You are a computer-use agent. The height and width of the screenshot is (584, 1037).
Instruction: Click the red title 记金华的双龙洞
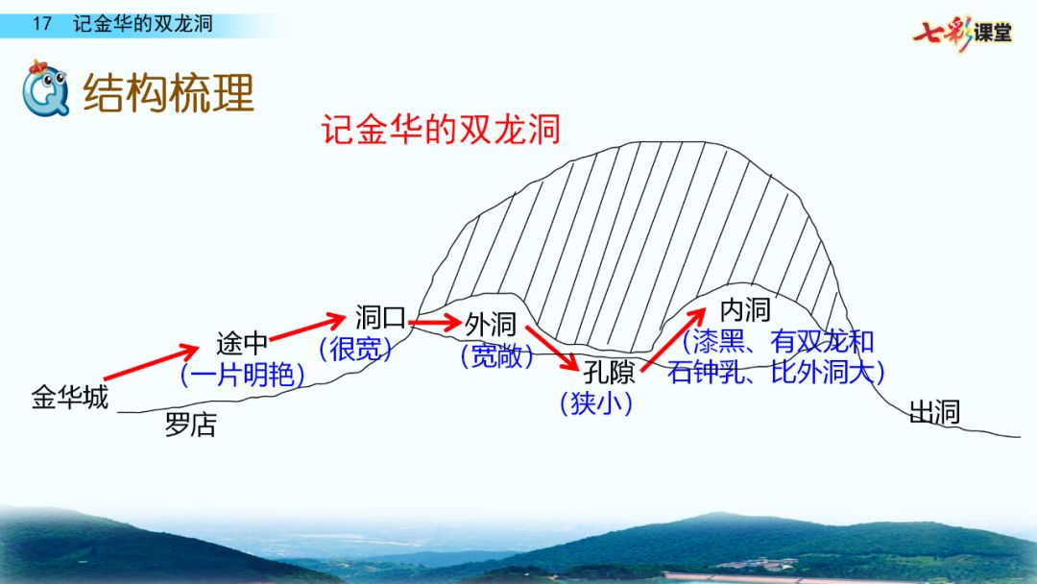click(441, 129)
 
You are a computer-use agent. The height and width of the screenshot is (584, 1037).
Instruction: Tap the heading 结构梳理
click(169, 92)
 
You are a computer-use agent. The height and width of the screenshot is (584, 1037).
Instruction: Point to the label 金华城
click(69, 397)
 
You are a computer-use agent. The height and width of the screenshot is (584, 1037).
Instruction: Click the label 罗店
click(190, 425)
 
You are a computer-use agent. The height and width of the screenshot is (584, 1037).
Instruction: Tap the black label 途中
click(242, 343)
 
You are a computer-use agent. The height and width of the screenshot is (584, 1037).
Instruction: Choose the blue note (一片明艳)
click(243, 375)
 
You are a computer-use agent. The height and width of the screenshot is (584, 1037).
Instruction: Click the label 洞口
click(380, 318)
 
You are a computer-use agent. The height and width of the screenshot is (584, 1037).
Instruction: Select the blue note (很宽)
click(356, 349)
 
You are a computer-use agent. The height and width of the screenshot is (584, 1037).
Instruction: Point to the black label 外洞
click(490, 324)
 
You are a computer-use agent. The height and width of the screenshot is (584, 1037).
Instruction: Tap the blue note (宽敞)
click(497, 355)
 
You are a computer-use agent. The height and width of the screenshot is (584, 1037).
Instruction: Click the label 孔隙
click(609, 373)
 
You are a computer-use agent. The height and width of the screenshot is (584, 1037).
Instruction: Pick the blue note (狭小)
click(596, 402)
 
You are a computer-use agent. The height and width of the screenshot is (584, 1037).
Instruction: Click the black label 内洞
click(745, 309)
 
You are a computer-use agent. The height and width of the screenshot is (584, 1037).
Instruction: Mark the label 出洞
click(934, 412)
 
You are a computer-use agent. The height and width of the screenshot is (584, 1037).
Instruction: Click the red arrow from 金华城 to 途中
click(151, 362)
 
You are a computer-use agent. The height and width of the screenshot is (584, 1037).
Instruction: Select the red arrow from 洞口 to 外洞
click(435, 323)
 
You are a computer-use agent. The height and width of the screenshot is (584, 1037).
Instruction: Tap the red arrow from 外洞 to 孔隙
click(552, 349)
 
